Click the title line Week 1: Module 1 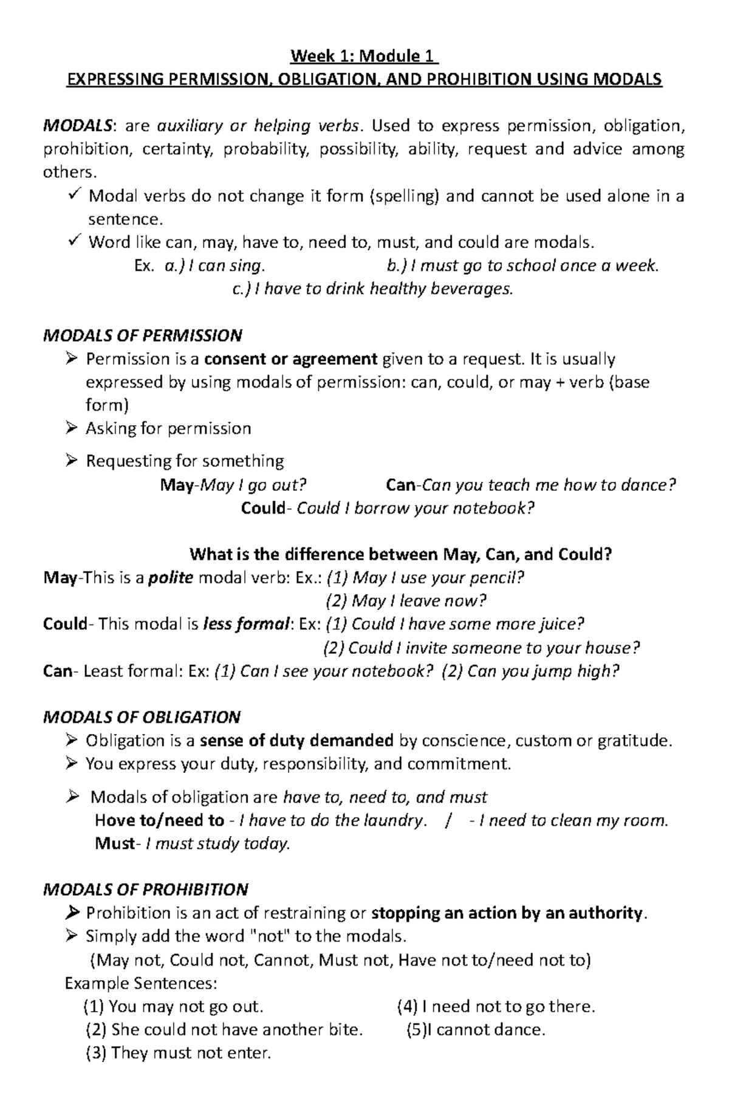click(x=364, y=57)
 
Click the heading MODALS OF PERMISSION click(x=143, y=335)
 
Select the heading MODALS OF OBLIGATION click(x=142, y=717)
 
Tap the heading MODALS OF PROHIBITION click(x=146, y=890)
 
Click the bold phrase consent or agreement click(x=291, y=359)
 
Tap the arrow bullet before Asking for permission click(x=72, y=428)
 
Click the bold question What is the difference click(x=401, y=554)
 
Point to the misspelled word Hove click(x=115, y=820)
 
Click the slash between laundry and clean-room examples click(x=448, y=820)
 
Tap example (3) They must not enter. click(x=179, y=1052)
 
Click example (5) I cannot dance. click(x=476, y=1029)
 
